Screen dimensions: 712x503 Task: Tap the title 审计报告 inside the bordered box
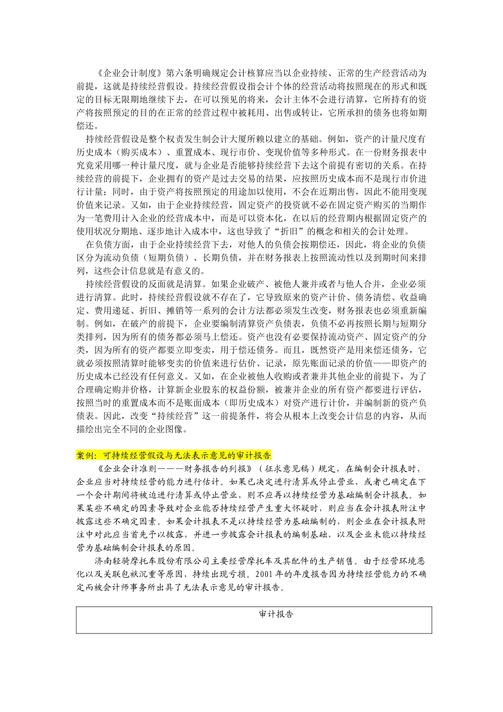pos(276,614)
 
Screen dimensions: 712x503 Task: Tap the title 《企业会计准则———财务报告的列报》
pos(174,468)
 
